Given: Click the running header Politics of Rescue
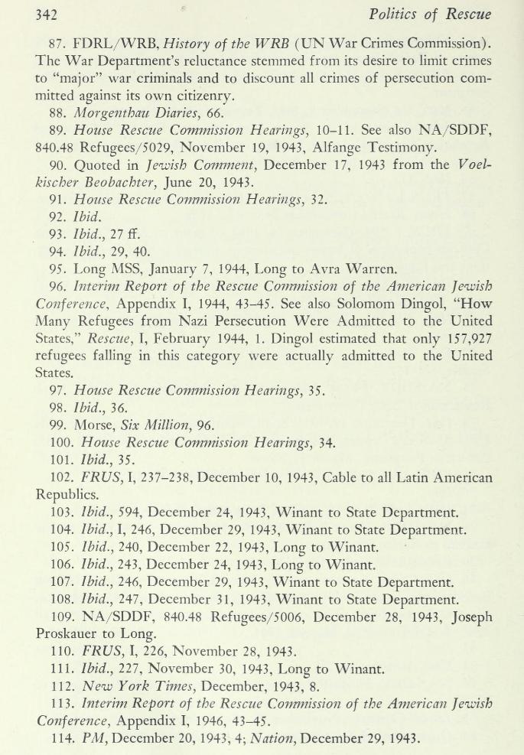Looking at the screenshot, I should coord(430,15).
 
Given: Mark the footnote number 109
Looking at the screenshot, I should coord(61,616).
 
